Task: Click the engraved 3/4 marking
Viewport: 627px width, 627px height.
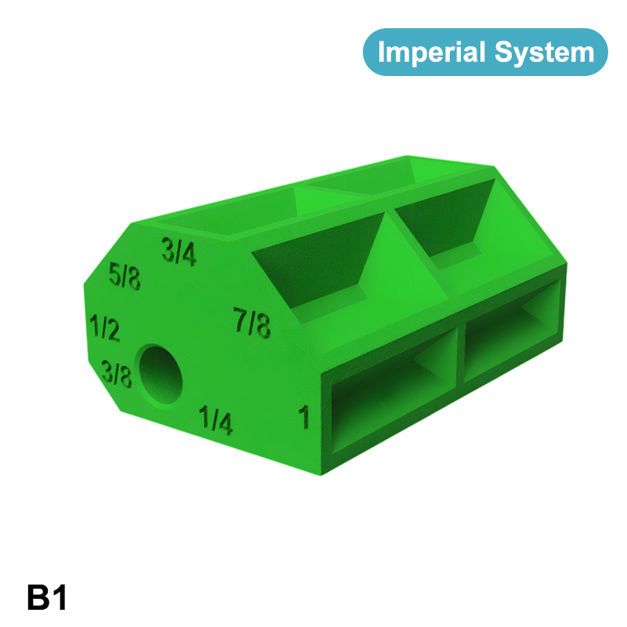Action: click(179, 252)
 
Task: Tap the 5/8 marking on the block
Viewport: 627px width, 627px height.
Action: click(125, 276)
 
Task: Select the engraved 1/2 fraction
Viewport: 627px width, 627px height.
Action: click(105, 328)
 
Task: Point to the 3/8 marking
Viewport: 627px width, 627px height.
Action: click(116, 374)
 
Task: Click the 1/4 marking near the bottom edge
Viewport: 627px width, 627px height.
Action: click(216, 420)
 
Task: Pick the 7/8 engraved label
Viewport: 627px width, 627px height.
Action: click(252, 322)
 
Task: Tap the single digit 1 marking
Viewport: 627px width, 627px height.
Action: click(304, 417)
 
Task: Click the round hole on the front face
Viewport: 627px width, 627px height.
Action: click(161, 375)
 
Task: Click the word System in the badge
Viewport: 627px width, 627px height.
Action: click(545, 53)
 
